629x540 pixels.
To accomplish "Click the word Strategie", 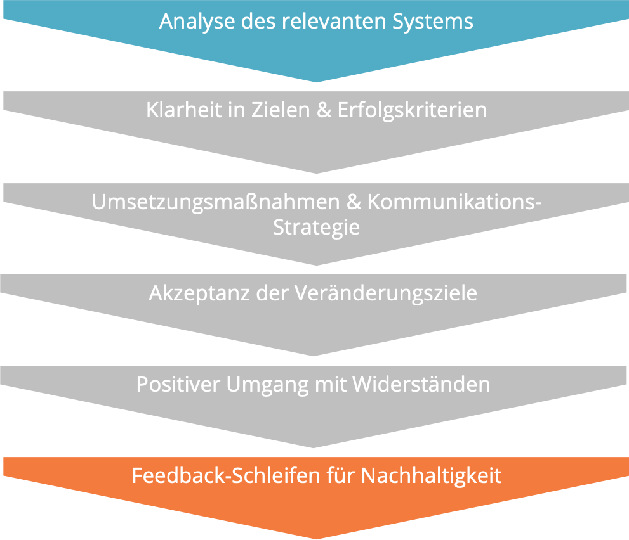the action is click(x=316, y=227).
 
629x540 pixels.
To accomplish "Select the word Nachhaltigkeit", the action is click(x=431, y=475).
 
